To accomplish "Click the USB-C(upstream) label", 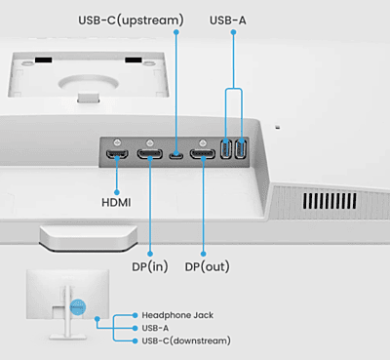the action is coord(131,20).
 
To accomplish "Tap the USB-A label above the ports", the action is coord(228,20).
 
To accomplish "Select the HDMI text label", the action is coord(116,203).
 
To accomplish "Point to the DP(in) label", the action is coord(150,267).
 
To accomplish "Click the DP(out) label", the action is coord(208,267).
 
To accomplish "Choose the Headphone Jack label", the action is coord(177,315).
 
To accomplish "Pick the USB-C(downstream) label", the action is coord(186,340).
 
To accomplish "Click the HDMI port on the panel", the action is coord(117,154).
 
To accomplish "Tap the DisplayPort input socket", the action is coord(150,154).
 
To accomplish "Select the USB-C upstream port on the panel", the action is coord(175,155).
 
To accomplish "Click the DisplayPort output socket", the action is coord(203,154).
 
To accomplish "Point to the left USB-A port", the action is coord(226,148).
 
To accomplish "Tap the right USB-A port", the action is coord(241,148).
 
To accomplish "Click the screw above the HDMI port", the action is coord(117,142).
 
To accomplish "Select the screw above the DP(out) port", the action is coord(203,142).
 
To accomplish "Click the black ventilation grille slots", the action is coord(330,201).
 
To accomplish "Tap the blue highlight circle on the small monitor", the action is coord(78,306).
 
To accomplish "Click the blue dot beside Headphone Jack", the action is coord(136,315).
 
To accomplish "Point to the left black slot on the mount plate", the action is coord(44,60).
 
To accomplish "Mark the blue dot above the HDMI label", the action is coord(117,192).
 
